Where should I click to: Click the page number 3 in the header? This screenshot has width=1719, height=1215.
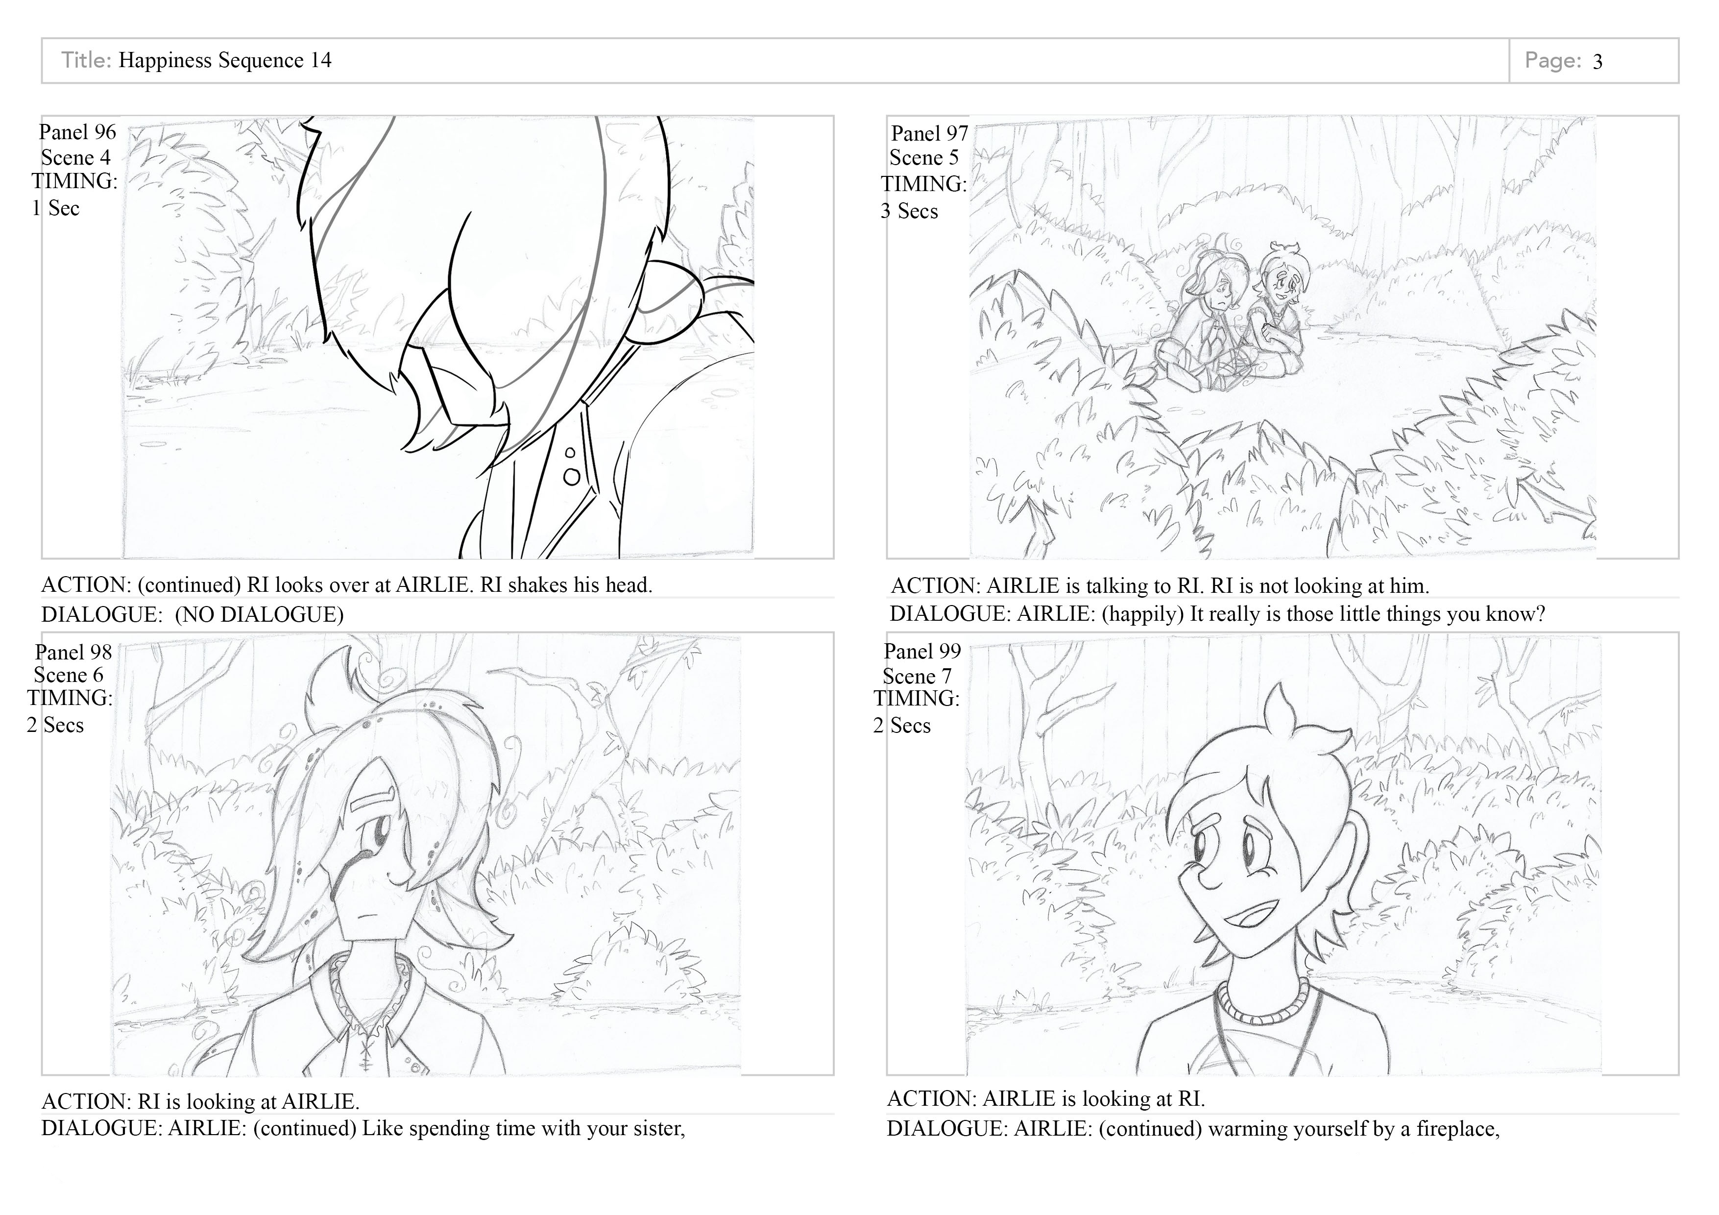click(1597, 61)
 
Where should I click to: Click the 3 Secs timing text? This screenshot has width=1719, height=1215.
click(909, 211)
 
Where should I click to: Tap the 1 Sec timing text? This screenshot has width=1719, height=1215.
click(55, 208)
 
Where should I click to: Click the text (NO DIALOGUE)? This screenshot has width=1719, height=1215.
click(259, 615)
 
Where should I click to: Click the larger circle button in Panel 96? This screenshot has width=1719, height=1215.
click(572, 476)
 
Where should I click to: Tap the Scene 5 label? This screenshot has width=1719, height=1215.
click(924, 158)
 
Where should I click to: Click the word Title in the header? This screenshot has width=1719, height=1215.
click(87, 60)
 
